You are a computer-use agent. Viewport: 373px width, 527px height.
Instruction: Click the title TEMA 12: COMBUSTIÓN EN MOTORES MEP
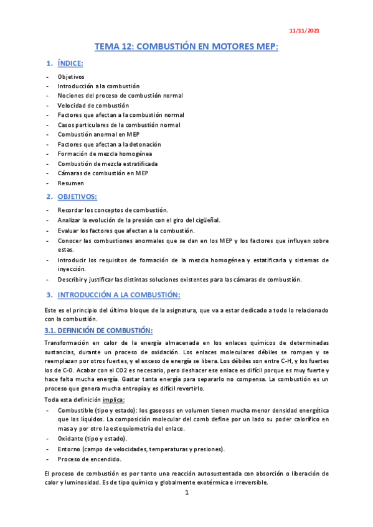click(186, 47)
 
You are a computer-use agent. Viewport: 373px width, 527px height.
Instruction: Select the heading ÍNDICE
click(70, 64)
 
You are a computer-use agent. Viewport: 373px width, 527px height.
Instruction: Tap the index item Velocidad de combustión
click(93, 106)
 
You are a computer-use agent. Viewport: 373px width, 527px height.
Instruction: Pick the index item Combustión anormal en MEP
click(98, 134)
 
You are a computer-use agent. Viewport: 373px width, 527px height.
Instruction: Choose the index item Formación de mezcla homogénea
click(105, 154)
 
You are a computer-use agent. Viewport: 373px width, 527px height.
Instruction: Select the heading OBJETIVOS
click(77, 197)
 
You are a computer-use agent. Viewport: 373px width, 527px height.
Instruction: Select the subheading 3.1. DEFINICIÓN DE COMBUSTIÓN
click(98, 330)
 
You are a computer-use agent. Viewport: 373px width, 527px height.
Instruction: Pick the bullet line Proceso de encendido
click(89, 459)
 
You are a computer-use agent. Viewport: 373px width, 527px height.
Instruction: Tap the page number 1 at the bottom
click(186, 493)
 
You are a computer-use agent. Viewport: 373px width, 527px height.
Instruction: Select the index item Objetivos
click(71, 76)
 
